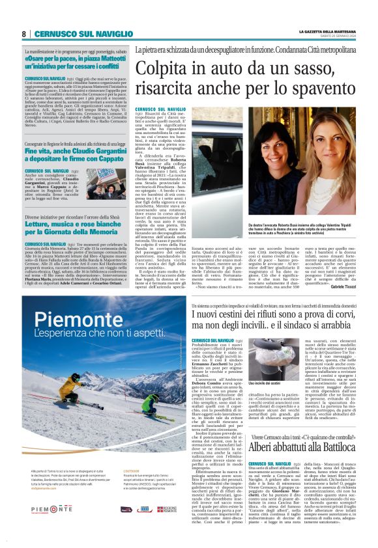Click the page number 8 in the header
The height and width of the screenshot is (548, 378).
tap(23, 33)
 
